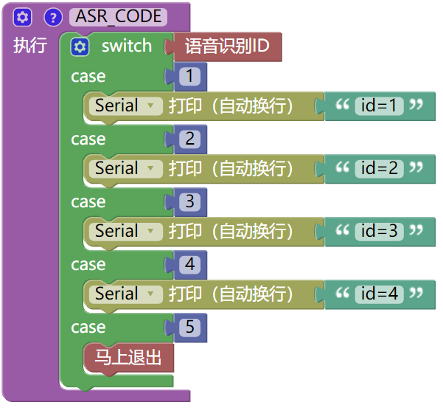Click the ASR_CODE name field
coord(118,17)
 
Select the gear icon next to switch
coord(80,47)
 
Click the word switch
coord(126,46)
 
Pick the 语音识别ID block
coord(227,48)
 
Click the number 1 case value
coord(190,77)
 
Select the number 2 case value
coord(190,139)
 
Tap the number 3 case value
coord(190,202)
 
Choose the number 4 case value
coord(190,265)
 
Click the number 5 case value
coord(190,328)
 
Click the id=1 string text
coord(379,106)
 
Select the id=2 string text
coord(379,169)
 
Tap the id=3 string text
coord(379,232)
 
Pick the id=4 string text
coord(379,294)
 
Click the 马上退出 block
coord(128,359)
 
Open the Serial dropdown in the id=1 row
coord(126,106)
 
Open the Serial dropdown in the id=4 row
coord(126,294)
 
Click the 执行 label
coord(29,46)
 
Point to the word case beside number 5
coord(88,328)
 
